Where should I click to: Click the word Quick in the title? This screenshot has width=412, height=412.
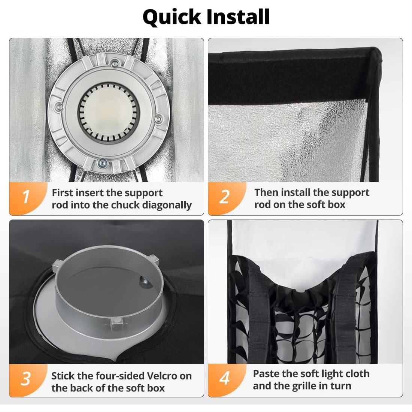pos(172,17)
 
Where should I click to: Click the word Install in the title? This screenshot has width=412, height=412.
pos(238,17)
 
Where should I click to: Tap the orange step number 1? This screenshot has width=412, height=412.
pos(26,197)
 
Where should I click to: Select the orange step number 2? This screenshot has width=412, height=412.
pos(224,197)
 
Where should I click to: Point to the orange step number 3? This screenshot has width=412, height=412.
pos(26,379)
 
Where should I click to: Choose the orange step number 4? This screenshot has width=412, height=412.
pos(224,378)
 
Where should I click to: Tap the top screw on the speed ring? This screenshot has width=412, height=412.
pos(114,63)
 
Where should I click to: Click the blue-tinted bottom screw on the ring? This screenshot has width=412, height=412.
pos(102,163)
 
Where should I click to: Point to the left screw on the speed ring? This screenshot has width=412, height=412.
pos(60,107)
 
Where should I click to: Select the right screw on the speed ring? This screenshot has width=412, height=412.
pos(158,119)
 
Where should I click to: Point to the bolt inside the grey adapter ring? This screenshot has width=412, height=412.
pos(145,282)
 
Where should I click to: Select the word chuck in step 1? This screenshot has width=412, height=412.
pos(118,205)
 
